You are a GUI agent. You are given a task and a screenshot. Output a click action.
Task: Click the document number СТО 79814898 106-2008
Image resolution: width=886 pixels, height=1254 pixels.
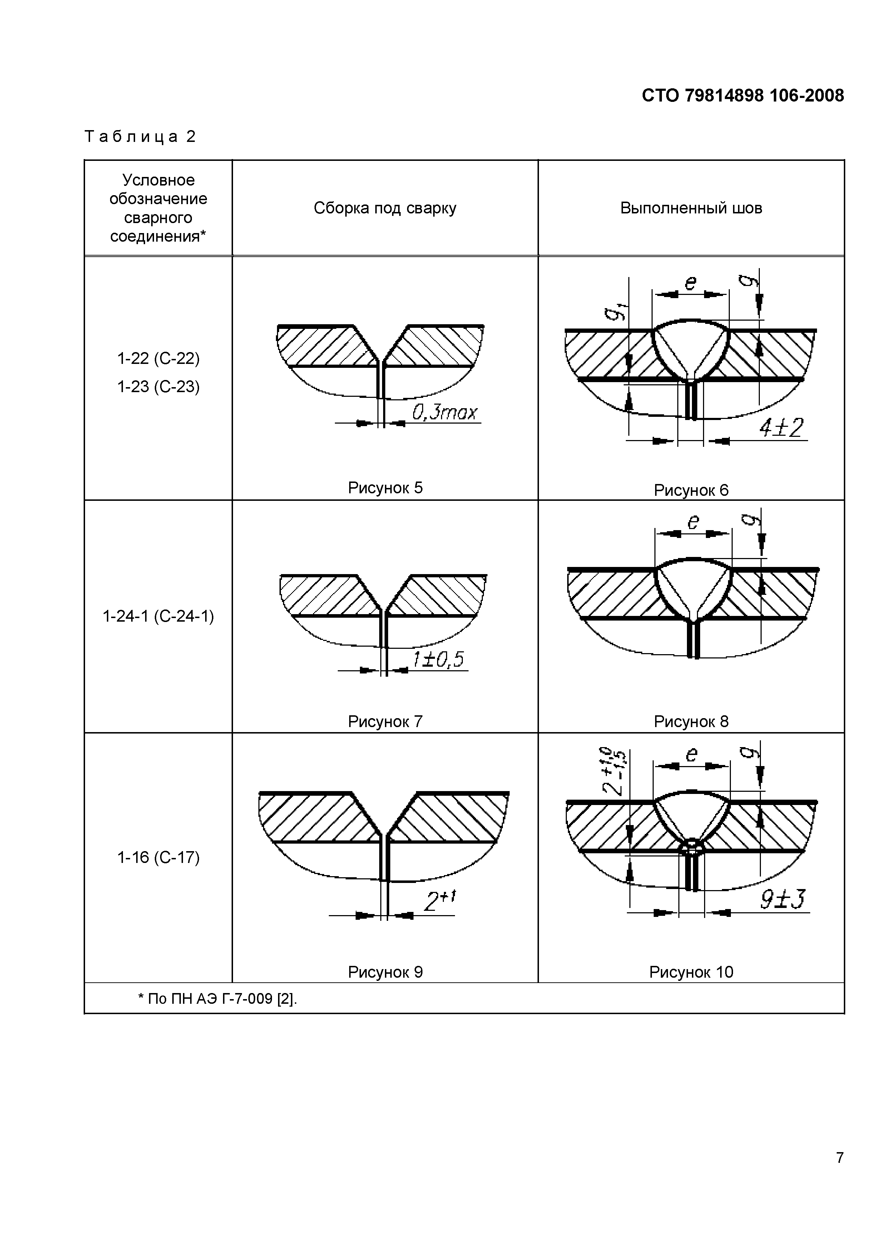click(742, 95)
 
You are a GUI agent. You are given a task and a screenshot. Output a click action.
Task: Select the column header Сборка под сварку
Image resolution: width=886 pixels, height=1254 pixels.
click(385, 208)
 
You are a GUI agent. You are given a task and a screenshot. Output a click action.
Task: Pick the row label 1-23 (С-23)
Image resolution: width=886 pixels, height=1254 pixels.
click(158, 387)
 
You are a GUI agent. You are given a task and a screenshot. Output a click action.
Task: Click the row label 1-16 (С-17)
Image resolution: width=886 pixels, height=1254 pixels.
click(158, 858)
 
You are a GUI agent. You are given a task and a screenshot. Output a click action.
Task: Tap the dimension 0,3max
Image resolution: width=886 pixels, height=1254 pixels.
click(444, 413)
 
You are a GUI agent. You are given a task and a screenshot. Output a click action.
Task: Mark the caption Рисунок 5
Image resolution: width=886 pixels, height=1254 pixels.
click(385, 488)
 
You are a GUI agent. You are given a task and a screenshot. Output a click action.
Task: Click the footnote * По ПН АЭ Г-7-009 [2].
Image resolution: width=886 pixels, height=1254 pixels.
click(217, 999)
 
